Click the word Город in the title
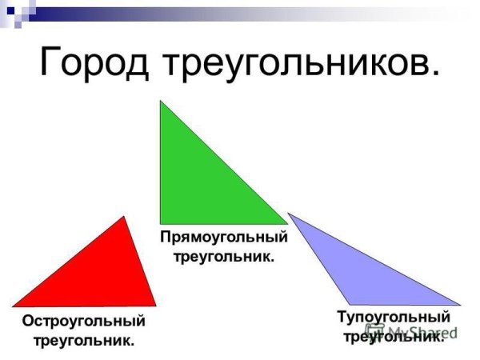coord(97,62)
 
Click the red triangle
coord(104,276)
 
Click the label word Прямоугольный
coord(224,238)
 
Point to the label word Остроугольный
coord(84,322)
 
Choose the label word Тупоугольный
coord(393,318)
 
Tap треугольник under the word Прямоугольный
coord(224,257)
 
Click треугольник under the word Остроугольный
coord(83,341)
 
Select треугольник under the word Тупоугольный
coord(393,337)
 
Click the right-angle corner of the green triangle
coord(162,222)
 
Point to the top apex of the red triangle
coord(124,217)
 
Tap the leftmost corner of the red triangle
coord(13,306)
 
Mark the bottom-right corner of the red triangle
coord(155,305)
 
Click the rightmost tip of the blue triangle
coord(460,304)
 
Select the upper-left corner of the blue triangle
coord(289,214)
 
